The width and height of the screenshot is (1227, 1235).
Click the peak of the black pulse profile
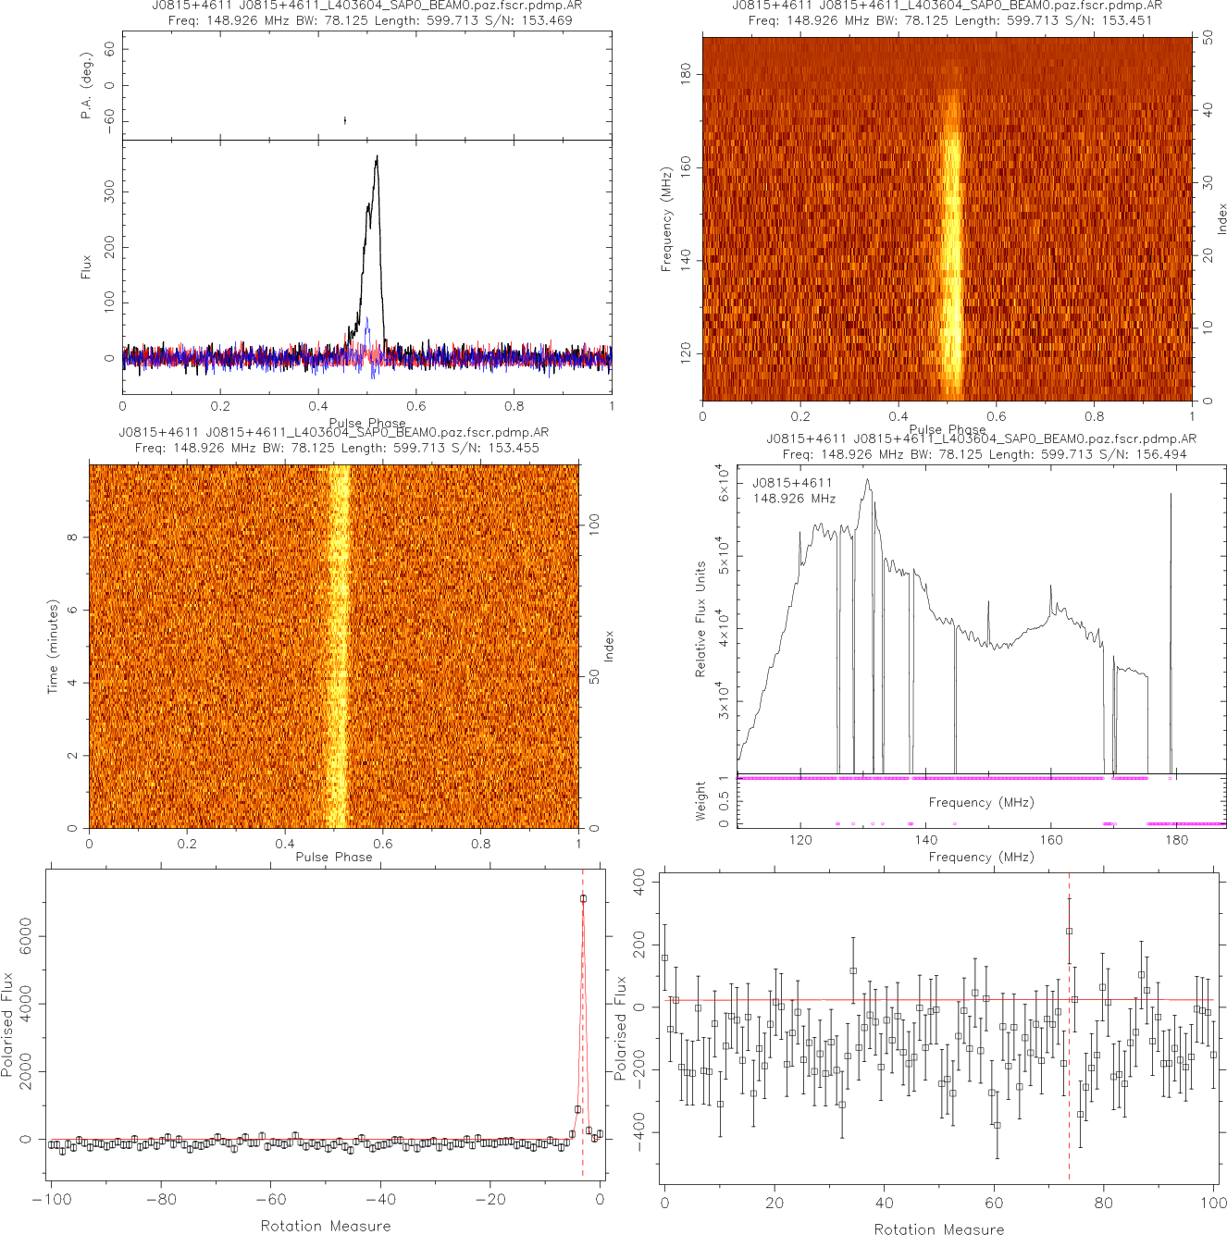(377, 156)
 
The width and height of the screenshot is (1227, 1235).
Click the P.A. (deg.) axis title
(86, 86)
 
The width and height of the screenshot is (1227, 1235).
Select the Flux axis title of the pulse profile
(86, 266)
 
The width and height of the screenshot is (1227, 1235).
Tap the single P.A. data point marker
(345, 120)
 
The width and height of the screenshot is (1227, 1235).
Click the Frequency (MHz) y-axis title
(666, 219)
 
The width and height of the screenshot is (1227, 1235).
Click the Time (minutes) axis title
(53, 646)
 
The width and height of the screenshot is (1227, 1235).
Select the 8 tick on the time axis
(72, 537)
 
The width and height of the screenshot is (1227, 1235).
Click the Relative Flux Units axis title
(700, 619)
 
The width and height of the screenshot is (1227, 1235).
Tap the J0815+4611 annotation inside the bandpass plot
(792, 483)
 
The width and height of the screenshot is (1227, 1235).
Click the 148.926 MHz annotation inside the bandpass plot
(794, 499)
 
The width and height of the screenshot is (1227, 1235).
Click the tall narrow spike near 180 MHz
(1171, 495)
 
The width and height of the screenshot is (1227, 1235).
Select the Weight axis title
(700, 800)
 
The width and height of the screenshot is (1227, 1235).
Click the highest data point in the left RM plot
(583, 897)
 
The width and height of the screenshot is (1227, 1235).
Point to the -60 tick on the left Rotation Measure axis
(271, 1200)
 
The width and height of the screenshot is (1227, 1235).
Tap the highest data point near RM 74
(1069, 932)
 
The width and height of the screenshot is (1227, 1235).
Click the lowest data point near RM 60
(997, 1126)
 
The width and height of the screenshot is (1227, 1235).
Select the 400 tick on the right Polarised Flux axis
(638, 882)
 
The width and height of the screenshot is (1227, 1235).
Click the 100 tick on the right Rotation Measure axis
(1213, 1203)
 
